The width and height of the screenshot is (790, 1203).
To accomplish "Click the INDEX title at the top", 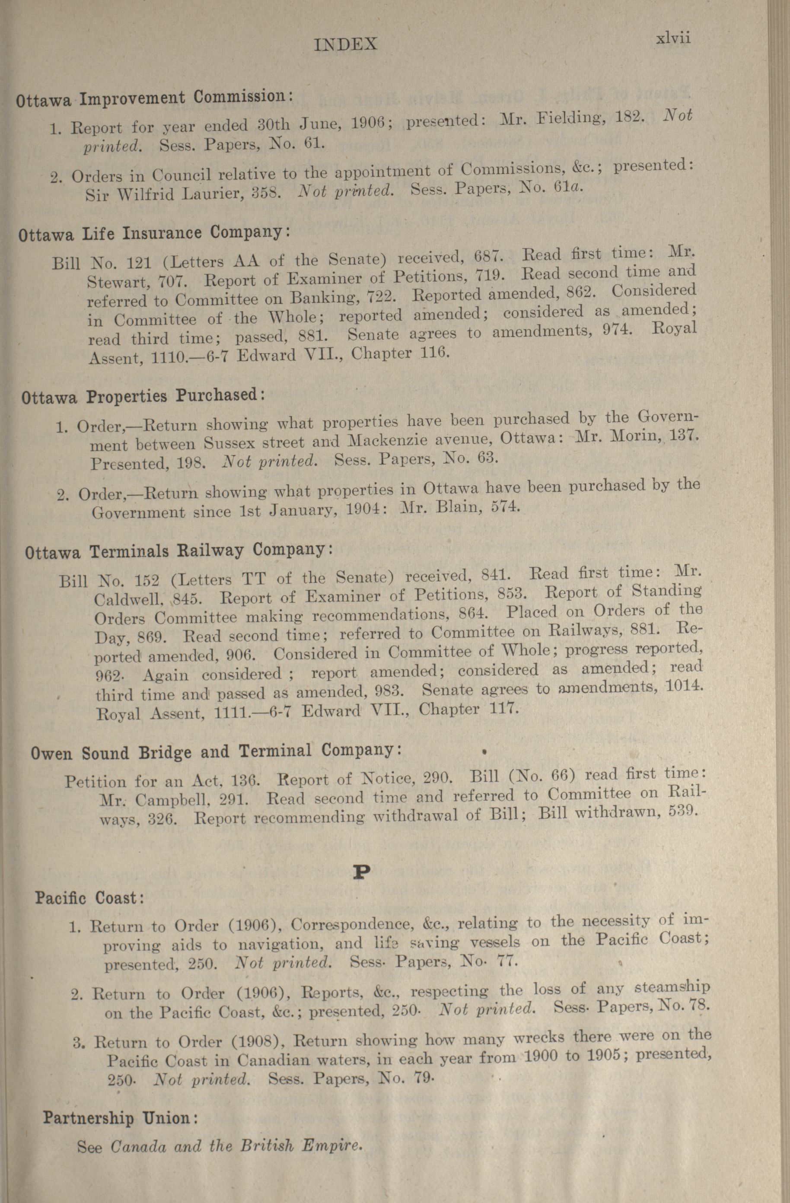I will [x=345, y=45].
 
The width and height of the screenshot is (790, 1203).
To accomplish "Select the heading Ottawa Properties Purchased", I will [x=143, y=395].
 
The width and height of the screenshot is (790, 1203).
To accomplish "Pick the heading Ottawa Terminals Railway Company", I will [x=178, y=551].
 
